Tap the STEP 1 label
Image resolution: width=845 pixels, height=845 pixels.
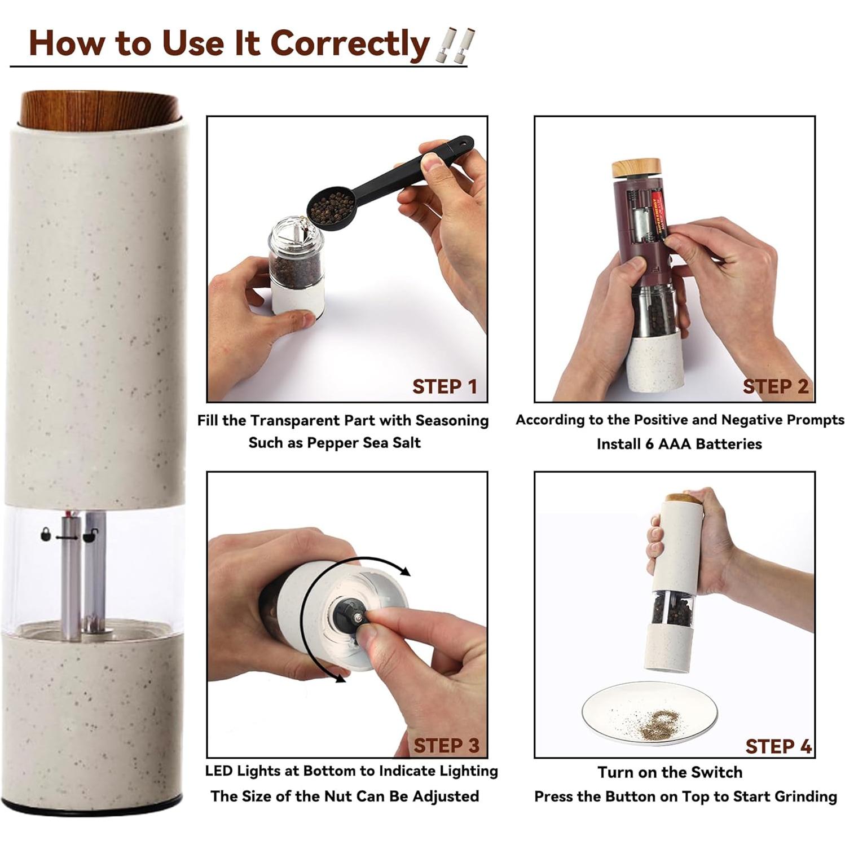444,387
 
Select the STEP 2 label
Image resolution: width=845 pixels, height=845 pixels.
775,386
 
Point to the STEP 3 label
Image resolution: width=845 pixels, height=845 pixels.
446,746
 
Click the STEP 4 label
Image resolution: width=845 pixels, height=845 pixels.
778,746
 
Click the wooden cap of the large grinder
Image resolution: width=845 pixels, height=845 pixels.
100,109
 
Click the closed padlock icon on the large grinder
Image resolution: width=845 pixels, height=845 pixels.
45,534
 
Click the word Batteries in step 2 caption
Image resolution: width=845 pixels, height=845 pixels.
728,444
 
